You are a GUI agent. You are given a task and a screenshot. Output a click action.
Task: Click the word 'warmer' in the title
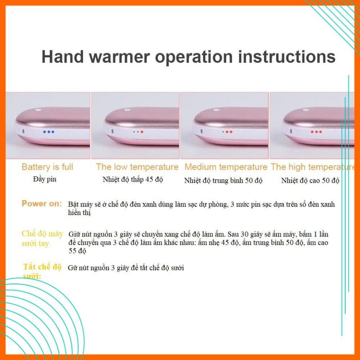[x=119, y=57]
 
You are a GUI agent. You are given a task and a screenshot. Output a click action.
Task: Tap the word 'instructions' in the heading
[x=287, y=57]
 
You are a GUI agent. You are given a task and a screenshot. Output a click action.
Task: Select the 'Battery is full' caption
[x=47, y=167]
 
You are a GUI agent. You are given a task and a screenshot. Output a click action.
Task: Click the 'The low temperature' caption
[x=137, y=167]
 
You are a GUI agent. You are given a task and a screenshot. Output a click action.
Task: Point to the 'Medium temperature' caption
[x=226, y=167]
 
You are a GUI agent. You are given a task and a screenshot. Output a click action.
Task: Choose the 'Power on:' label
[x=42, y=204]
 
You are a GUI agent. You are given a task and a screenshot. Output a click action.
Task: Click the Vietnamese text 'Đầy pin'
[x=45, y=179]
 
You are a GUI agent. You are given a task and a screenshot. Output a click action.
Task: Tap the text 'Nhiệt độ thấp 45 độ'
[x=133, y=179]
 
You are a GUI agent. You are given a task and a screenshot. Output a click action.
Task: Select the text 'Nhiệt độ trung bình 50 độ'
[x=223, y=180]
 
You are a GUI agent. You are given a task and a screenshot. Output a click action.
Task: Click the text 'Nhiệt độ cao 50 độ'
[x=310, y=180]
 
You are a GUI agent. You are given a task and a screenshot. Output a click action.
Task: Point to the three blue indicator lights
[x=49, y=132]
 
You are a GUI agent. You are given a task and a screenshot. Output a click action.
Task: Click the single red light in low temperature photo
[x=142, y=132]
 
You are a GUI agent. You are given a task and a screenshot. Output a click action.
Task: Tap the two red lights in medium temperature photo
[x=229, y=132]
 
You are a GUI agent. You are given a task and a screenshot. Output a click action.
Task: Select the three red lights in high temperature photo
[x=316, y=132]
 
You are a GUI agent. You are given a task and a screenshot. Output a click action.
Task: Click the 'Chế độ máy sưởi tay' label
[x=42, y=238]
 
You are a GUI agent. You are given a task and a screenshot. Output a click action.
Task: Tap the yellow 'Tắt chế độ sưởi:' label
[x=42, y=271]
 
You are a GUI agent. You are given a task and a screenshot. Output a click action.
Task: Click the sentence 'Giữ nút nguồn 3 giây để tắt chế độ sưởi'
[x=126, y=268]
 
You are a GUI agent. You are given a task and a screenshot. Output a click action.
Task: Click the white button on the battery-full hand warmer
[x=38, y=110]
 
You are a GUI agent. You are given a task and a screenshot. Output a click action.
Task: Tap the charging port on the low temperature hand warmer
[x=112, y=131]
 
